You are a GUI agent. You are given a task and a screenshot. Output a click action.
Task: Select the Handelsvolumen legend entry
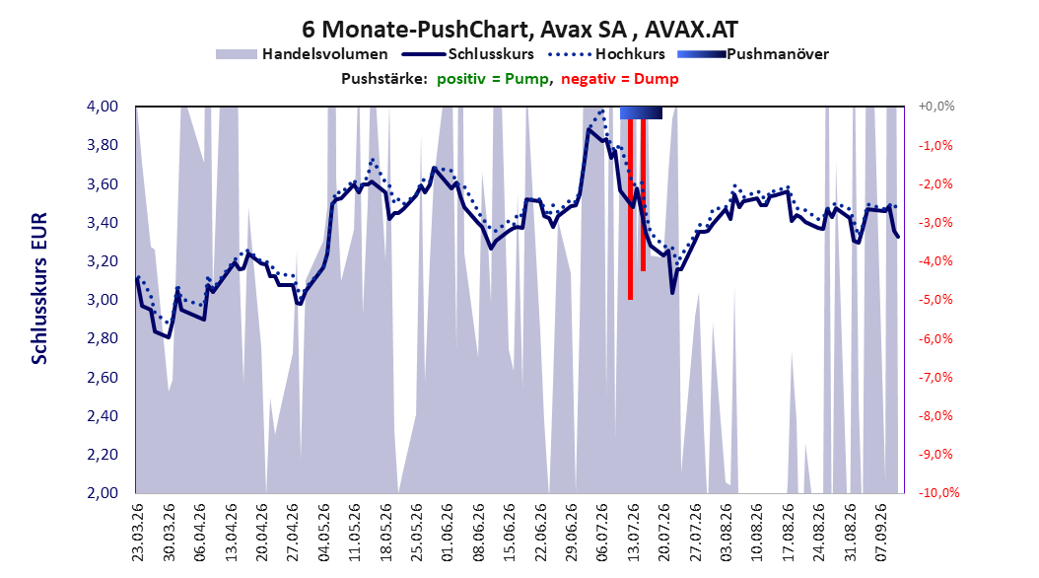pyautogui.click(x=302, y=54)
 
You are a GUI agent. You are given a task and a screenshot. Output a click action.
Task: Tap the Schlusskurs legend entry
pyautogui.click(x=468, y=54)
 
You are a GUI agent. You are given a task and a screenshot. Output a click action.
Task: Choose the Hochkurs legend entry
pyautogui.click(x=606, y=54)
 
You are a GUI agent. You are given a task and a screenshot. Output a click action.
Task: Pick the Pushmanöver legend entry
pyautogui.click(x=753, y=54)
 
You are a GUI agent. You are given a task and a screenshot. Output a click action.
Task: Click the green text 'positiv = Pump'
pyautogui.click(x=493, y=79)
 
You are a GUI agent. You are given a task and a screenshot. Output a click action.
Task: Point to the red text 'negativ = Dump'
pyautogui.click(x=620, y=79)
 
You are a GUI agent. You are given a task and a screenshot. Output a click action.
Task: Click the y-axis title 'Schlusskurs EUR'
pyautogui.click(x=39, y=288)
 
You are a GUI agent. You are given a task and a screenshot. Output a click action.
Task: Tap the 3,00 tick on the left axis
pyautogui.click(x=103, y=300)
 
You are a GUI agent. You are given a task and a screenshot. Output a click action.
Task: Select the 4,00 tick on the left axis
pyautogui.click(x=103, y=107)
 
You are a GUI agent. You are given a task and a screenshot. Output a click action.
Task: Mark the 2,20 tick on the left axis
pyautogui.click(x=103, y=454)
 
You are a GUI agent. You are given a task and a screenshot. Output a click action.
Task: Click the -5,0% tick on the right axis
pyautogui.click(x=935, y=300)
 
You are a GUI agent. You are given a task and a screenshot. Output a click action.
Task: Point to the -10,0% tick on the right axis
pyautogui.click(x=938, y=492)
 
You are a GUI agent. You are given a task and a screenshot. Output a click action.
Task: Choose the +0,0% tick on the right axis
pyautogui.click(x=936, y=107)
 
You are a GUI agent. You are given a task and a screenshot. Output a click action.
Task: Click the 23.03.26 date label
pyautogui.click(x=138, y=533)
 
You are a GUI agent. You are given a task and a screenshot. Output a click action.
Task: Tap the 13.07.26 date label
pyautogui.click(x=634, y=533)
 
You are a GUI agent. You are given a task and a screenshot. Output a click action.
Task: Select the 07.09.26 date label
pyautogui.click(x=881, y=533)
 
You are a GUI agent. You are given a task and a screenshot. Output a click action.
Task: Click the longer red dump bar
pyautogui.click(x=630, y=209)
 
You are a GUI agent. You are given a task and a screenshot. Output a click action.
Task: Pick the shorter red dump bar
pyautogui.click(x=643, y=195)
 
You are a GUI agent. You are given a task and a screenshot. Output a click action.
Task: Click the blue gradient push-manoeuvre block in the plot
pyautogui.click(x=641, y=112)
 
